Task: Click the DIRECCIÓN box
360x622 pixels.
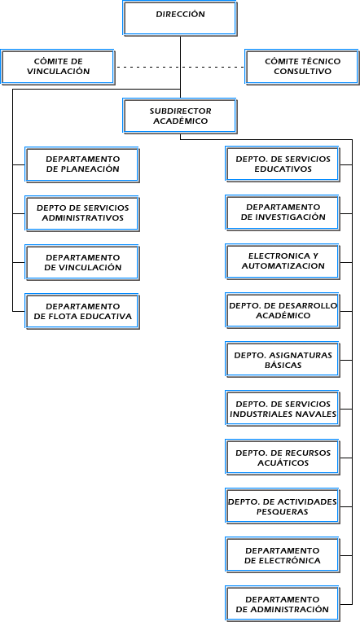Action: [180, 19]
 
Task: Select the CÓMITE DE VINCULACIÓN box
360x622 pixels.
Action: [58, 67]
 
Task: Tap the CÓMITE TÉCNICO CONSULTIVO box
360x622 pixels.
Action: [302, 67]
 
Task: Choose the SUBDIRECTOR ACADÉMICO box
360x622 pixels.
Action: [180, 116]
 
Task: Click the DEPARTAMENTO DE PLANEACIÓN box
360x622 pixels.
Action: [82, 164]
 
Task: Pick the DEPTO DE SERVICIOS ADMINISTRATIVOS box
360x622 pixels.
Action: [82, 213]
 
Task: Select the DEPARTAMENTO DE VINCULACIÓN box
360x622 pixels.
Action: [82, 263]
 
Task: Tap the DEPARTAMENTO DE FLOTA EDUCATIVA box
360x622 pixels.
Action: [82, 311]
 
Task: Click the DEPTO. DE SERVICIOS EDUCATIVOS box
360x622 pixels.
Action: [283, 164]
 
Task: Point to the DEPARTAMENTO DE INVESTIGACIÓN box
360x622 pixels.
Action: [283, 212]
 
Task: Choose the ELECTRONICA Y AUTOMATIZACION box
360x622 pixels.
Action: [283, 262]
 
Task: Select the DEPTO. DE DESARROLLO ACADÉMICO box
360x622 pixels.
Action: [283, 311]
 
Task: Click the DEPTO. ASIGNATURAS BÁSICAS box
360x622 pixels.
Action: [283, 359]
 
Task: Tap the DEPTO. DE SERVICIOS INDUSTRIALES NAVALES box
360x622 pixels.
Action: [283, 409]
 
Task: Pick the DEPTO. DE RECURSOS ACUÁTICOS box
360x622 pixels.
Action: [283, 458]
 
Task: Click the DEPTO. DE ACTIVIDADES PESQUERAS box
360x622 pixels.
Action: [283, 506]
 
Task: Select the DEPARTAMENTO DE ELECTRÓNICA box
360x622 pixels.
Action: [283, 555]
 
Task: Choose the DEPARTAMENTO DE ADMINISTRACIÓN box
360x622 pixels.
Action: [283, 604]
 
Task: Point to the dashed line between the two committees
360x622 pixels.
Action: [180, 67]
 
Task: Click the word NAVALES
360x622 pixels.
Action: [316, 414]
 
